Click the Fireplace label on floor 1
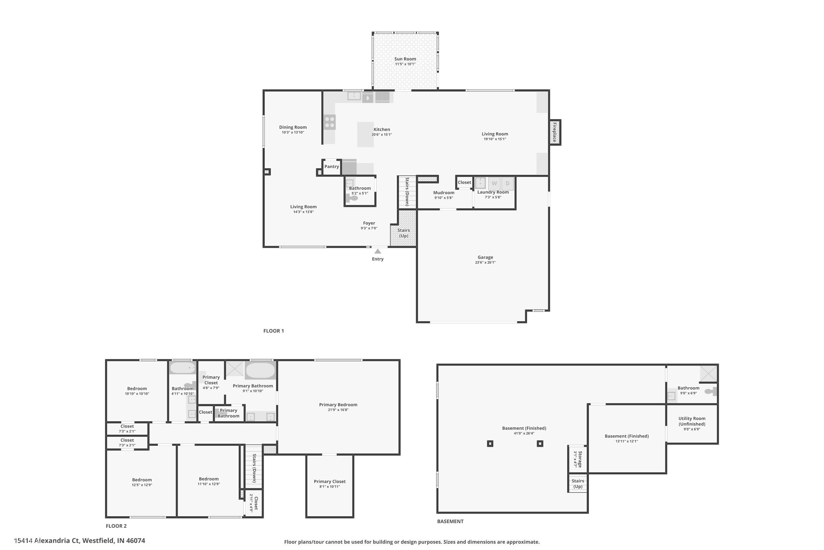pyautogui.click(x=555, y=132)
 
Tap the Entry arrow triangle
pyautogui.click(x=378, y=251)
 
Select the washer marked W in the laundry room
pyautogui.click(x=494, y=183)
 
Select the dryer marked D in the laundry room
pyautogui.click(x=507, y=183)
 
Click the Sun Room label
pyautogui.click(x=405, y=59)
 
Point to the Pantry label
pyautogui.click(x=332, y=167)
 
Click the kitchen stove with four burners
pyautogui.click(x=329, y=122)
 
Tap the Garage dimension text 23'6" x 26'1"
pyautogui.click(x=485, y=262)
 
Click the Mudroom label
pyautogui.click(x=444, y=193)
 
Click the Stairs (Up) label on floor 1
pyautogui.click(x=403, y=233)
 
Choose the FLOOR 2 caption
pyautogui.click(x=116, y=526)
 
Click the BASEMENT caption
pyautogui.click(x=450, y=521)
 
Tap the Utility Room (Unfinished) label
pyautogui.click(x=692, y=421)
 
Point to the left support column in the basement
pyautogui.click(x=490, y=444)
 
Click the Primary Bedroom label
pyautogui.click(x=338, y=405)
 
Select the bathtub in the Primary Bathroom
pyautogui.click(x=260, y=370)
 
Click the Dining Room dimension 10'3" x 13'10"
pyautogui.click(x=293, y=133)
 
